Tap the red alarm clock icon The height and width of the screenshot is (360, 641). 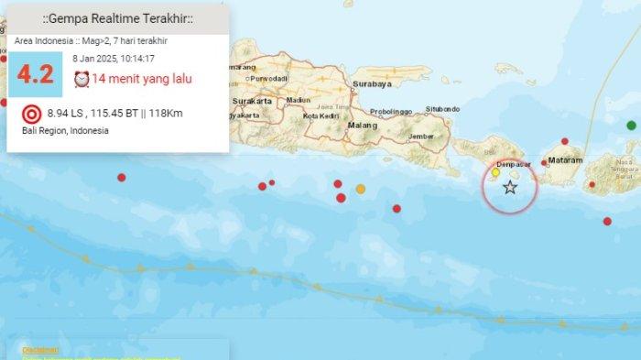tap(81, 79)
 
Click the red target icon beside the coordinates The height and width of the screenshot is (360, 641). tap(31, 115)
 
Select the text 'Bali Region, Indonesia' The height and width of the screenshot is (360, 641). tap(65, 131)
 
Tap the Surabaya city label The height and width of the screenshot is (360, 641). tap(371, 84)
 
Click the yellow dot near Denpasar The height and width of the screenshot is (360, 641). tap(495, 172)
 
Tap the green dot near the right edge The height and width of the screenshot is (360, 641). tap(631, 125)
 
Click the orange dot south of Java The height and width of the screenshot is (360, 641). tap(361, 189)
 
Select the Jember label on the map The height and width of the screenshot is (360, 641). tap(421, 136)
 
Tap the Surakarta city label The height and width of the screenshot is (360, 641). tap(254, 101)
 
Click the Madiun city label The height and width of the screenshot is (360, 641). tap(299, 100)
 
